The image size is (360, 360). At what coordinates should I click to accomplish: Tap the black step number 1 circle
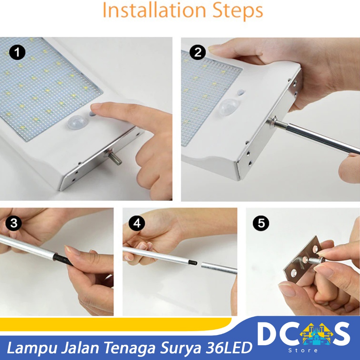(x=17, y=52)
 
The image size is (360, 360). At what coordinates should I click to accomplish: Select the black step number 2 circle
(x=198, y=52)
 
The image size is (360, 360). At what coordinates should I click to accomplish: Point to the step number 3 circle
(x=14, y=223)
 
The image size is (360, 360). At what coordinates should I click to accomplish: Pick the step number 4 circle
(x=137, y=223)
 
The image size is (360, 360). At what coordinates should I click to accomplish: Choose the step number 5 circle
(x=261, y=223)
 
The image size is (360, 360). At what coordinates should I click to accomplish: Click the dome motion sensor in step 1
(x=76, y=122)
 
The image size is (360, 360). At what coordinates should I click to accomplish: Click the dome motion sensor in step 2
(x=228, y=107)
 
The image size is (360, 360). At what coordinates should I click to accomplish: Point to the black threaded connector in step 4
(x=192, y=262)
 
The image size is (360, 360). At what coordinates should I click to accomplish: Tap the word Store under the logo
(x=303, y=351)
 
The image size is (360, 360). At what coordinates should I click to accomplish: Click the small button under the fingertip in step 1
(x=92, y=114)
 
